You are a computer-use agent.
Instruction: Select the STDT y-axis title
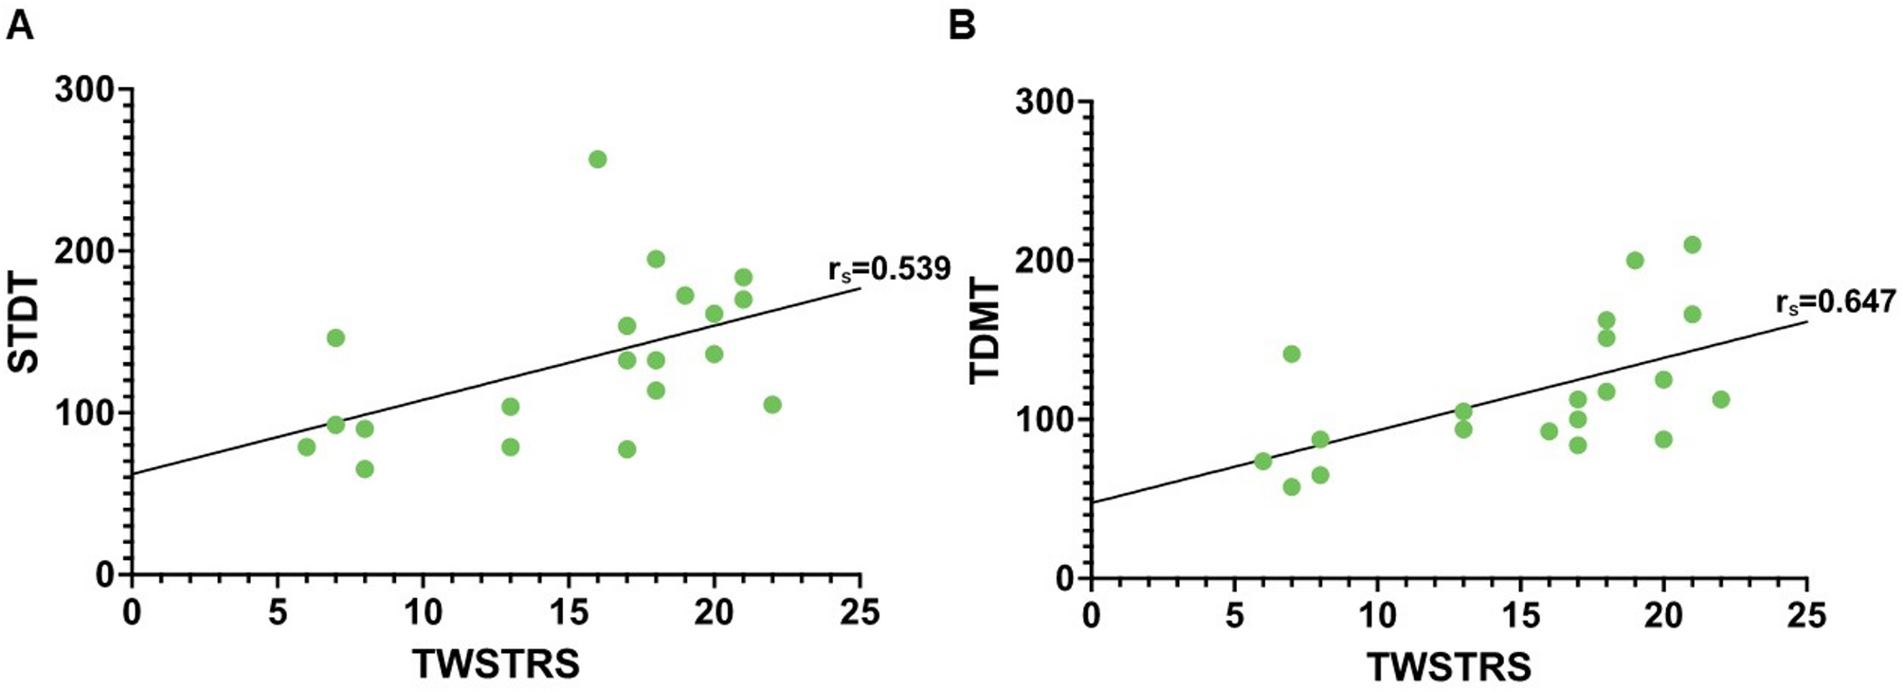pos(27,323)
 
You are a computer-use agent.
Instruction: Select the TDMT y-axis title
pos(986,332)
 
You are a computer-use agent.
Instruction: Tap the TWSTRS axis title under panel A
pos(496,664)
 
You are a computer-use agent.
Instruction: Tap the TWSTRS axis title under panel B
pos(1449,666)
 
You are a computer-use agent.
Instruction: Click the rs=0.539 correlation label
pos(889,269)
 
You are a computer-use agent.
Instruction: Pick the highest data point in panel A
pos(597,159)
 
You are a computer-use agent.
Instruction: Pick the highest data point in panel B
pos(1692,245)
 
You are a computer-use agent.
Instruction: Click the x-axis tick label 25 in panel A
pos(860,613)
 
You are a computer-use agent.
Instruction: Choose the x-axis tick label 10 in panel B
pos(1377,616)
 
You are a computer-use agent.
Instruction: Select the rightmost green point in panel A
pos(772,405)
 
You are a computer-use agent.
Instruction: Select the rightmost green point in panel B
pos(1721,399)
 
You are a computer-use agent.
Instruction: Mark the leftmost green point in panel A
pos(306,446)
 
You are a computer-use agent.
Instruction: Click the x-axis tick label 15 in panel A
pos(569,613)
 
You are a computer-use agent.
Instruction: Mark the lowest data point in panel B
pos(1291,486)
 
